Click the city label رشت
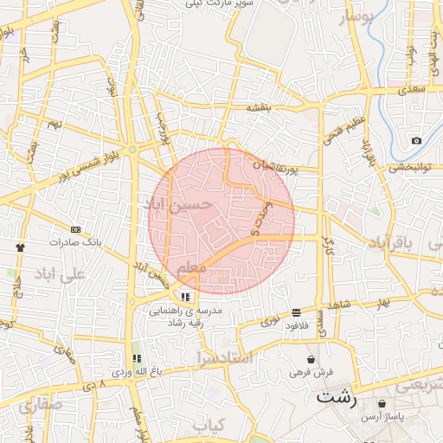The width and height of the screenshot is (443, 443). tap(336, 398)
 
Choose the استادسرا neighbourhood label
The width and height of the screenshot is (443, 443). tap(223, 356)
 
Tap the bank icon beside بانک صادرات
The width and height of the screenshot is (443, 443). tap(75, 229)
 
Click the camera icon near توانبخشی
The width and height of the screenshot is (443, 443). tap(416, 141)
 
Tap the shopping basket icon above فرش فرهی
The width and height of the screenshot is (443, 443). tap(311, 359)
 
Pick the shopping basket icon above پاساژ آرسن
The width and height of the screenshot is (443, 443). tap(382, 403)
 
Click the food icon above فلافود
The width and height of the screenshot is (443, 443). tap(296, 312)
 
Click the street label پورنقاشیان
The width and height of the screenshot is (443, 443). tap(275, 164)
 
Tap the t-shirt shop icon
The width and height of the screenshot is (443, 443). tap(20, 246)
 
